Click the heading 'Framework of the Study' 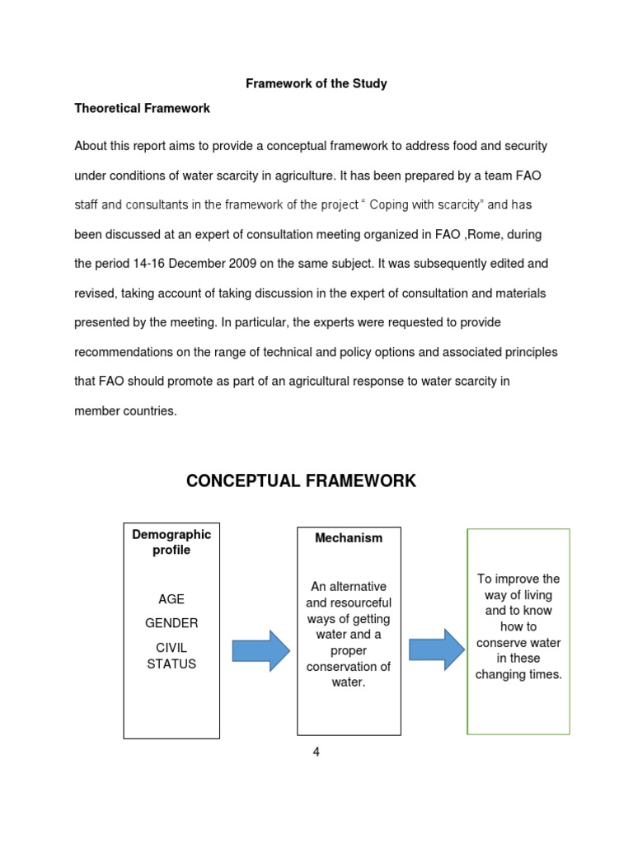coord(316,84)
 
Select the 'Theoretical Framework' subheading coord(142,108)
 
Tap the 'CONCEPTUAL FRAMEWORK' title coord(301,481)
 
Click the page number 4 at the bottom coord(316,752)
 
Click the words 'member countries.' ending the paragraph coord(125,410)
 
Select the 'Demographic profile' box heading coord(171,542)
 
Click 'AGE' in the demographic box coord(171,599)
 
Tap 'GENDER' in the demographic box coord(171,622)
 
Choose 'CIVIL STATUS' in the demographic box coord(171,655)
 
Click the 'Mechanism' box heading coord(349,538)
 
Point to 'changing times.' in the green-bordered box coord(518,674)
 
